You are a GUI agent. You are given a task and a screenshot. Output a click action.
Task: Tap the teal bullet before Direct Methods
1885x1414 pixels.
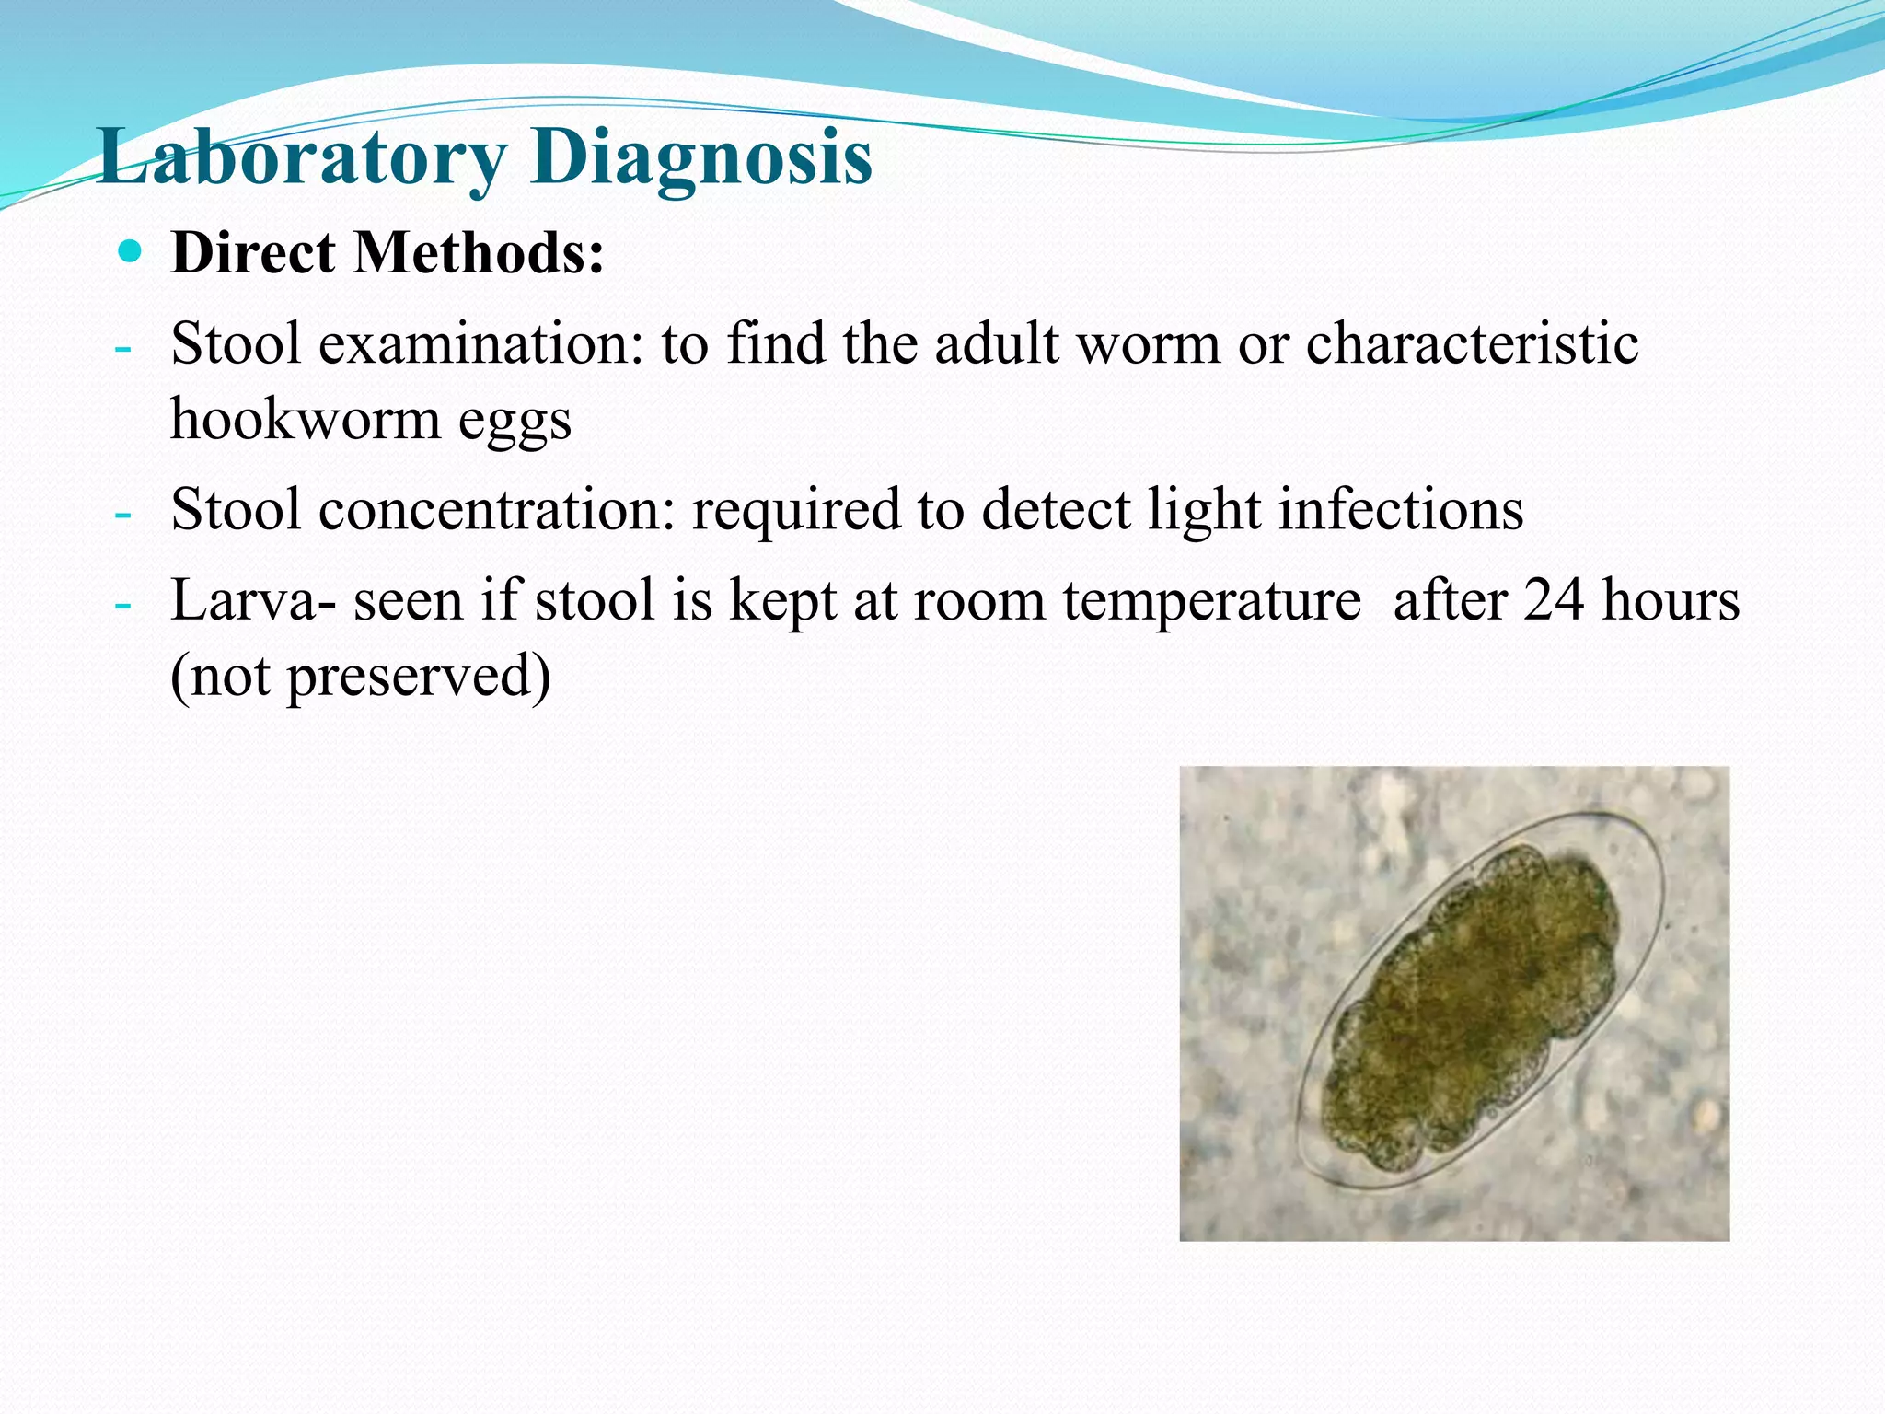pos(131,250)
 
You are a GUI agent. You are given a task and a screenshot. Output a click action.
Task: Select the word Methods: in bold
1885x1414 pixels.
pos(479,252)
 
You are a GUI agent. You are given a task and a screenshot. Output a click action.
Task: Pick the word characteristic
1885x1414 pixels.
pos(1472,344)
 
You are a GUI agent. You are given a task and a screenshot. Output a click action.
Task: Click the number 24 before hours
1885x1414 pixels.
pos(1554,600)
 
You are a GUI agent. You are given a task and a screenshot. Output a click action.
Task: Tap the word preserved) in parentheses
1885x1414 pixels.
pos(419,677)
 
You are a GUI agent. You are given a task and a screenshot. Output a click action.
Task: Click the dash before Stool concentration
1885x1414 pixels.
pos(122,514)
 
